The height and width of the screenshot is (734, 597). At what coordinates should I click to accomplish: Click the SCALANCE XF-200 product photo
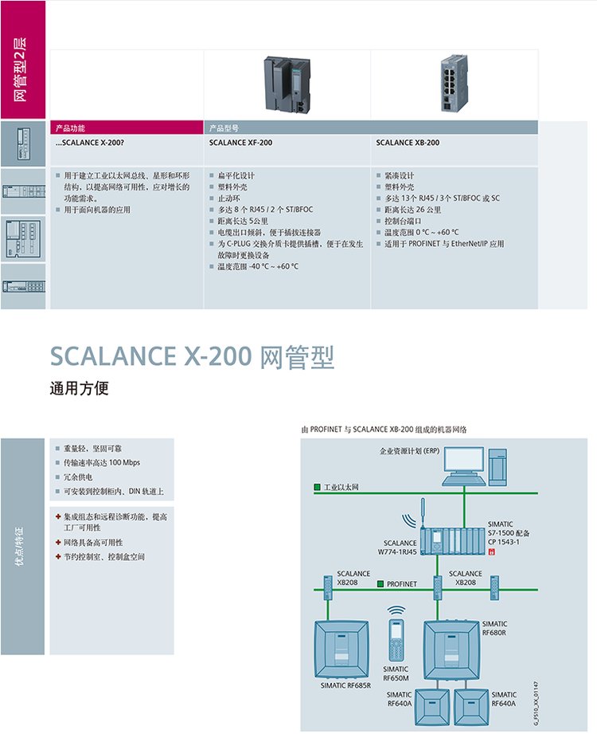pyautogui.click(x=284, y=85)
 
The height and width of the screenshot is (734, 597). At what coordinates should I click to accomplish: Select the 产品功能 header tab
pyautogui.click(x=76, y=128)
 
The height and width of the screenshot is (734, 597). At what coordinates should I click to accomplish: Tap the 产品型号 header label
pyautogui.click(x=224, y=128)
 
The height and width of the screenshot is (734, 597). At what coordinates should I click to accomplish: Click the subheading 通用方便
pyautogui.click(x=78, y=389)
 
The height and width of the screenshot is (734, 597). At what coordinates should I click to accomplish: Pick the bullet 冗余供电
pyautogui.click(x=77, y=477)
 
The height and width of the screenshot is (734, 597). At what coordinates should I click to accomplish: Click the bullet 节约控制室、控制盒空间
pyautogui.click(x=104, y=556)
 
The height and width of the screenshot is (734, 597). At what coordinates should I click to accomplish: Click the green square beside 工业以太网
pyautogui.click(x=317, y=485)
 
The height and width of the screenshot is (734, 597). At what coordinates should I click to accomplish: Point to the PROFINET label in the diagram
pyautogui.click(x=402, y=584)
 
